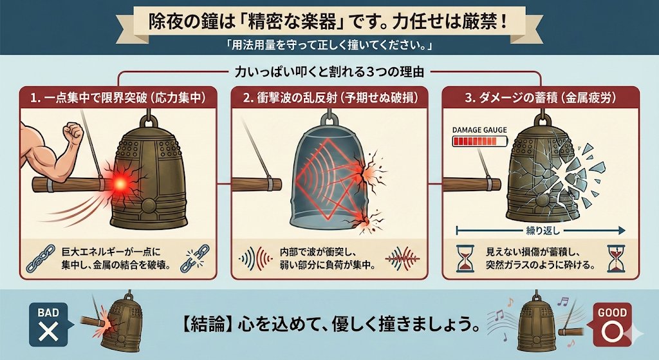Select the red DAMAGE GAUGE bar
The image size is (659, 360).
(479, 141)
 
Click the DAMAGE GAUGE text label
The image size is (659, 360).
(479, 130)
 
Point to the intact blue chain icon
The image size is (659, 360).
(41, 258)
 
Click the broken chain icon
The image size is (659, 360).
(194, 258)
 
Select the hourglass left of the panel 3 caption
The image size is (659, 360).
(465, 258)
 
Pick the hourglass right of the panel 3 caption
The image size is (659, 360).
(616, 258)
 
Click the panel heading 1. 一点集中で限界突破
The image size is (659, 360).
(118, 98)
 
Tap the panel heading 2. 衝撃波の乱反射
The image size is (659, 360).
(330, 98)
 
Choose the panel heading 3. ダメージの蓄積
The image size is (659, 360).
(541, 98)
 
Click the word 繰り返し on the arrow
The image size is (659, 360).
(543, 231)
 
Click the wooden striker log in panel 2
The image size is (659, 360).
(257, 184)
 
